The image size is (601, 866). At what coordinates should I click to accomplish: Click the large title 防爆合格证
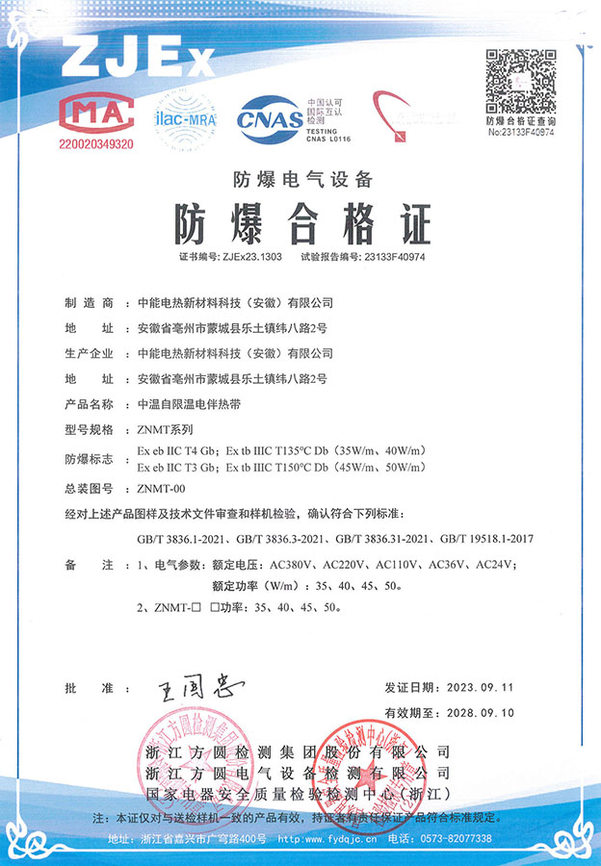click(301, 224)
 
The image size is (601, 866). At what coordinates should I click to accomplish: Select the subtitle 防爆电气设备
click(301, 178)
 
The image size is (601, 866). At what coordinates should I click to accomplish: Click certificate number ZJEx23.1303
click(251, 258)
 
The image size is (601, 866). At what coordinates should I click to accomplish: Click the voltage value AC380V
click(296, 563)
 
